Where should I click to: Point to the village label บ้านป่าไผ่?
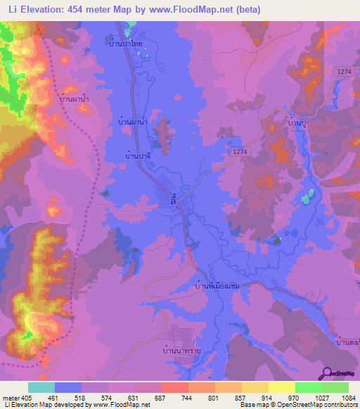(x=124, y=43)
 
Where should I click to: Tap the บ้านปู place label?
(x=298, y=122)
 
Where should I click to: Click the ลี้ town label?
(x=173, y=201)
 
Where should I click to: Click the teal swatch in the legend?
(x=41, y=387)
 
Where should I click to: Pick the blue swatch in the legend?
(x=68, y=387)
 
